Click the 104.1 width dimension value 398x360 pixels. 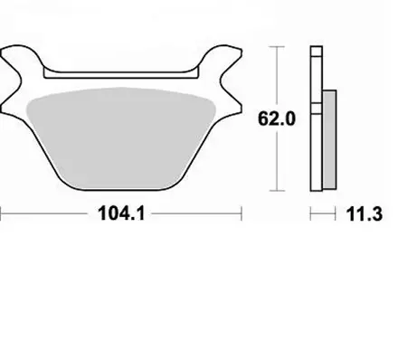(x=121, y=216)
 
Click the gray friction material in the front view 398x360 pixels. (x=122, y=136)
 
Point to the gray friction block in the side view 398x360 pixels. (x=328, y=136)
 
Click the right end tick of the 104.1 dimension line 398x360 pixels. (x=242, y=215)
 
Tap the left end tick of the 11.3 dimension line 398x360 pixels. (x=311, y=214)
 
